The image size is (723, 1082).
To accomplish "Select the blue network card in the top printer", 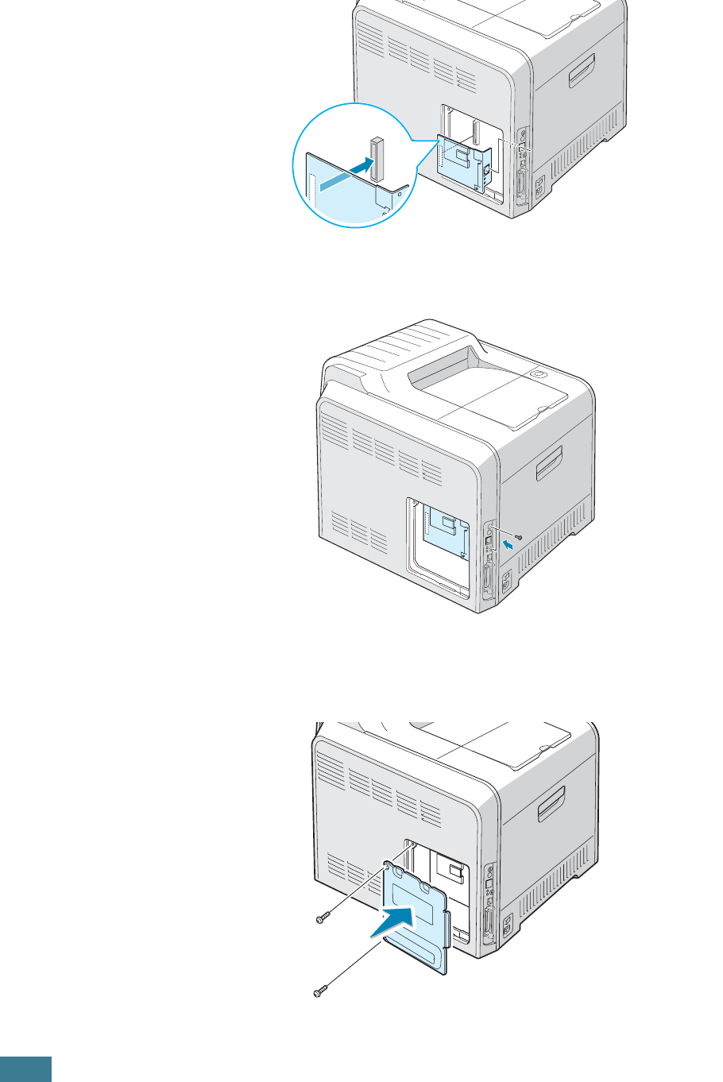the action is (x=460, y=163).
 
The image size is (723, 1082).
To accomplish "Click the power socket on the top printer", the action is (x=539, y=187).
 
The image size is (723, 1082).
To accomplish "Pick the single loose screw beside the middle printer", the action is (x=518, y=537).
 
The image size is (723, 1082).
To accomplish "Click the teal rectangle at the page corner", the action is (x=25, y=1068).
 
